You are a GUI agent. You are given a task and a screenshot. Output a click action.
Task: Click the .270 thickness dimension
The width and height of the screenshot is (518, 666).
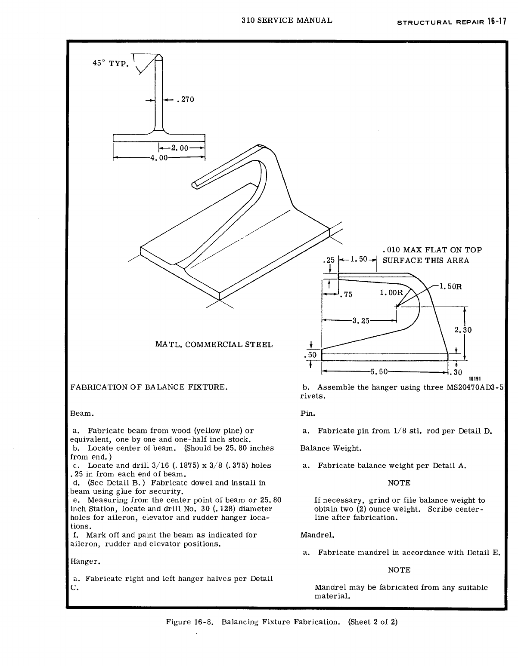tap(186, 100)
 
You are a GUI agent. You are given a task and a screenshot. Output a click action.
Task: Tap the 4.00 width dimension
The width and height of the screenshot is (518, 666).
tap(157, 158)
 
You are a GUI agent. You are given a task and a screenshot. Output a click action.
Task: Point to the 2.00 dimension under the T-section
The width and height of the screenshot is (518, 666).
tap(180, 148)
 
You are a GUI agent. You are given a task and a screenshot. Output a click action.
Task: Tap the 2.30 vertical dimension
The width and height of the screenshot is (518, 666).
tap(463, 330)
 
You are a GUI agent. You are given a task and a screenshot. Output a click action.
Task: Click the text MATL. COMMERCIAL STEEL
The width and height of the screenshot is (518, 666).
tap(214, 344)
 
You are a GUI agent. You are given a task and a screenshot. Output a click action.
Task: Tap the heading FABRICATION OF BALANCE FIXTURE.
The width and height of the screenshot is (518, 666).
tap(149, 387)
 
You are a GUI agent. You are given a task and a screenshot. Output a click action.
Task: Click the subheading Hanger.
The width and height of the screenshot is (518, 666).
tap(82, 561)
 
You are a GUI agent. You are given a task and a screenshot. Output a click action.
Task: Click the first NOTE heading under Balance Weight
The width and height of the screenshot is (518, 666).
tap(399, 483)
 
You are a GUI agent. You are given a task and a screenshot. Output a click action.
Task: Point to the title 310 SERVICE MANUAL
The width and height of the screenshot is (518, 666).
tap(287, 20)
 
